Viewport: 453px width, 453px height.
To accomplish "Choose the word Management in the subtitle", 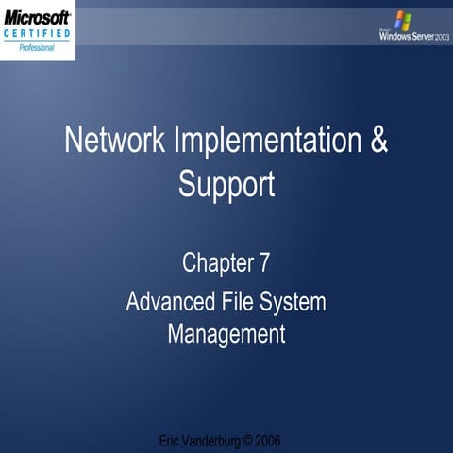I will point(226,333).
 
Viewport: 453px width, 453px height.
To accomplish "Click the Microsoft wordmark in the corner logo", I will point(38,18).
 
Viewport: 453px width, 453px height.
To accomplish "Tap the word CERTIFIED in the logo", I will point(37,34).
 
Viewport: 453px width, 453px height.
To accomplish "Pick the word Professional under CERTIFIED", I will point(37,47).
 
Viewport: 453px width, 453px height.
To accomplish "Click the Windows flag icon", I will point(404,19).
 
